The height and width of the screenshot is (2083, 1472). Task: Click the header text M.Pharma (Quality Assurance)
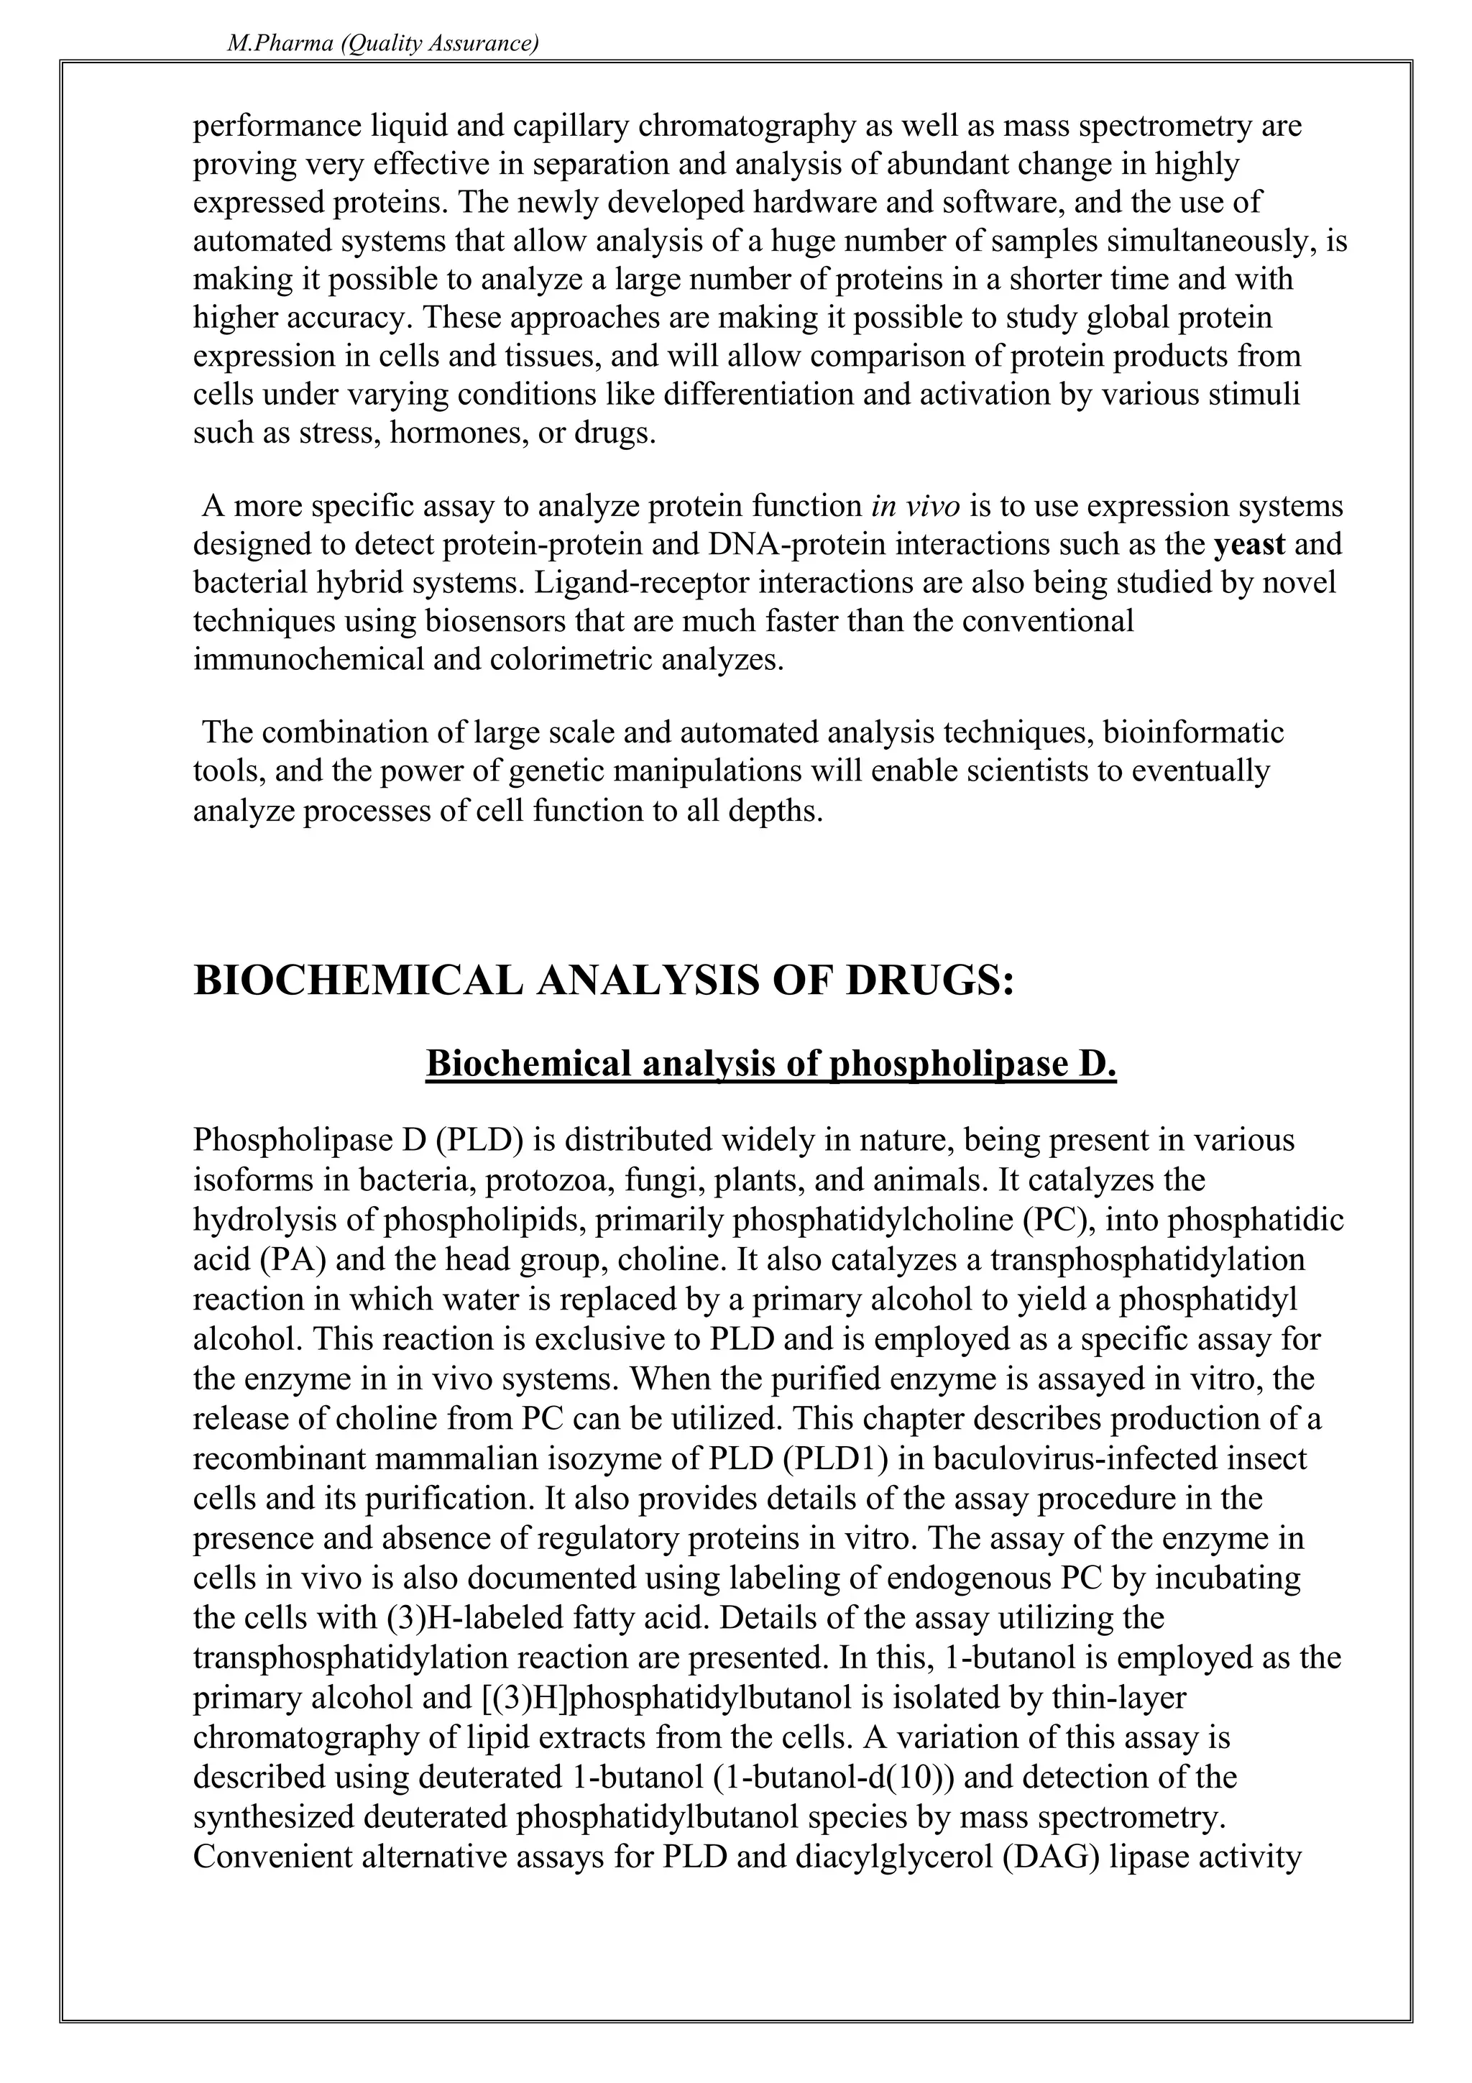(x=382, y=44)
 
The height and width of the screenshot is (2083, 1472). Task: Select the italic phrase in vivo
(x=915, y=505)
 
